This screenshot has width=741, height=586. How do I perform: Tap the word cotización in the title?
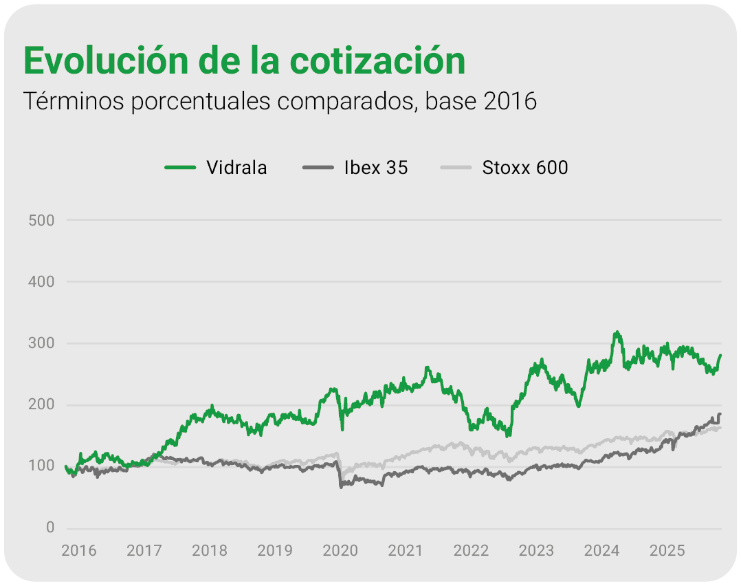point(377,61)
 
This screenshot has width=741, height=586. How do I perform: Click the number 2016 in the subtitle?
point(509,101)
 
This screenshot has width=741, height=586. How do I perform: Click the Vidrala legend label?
point(236,167)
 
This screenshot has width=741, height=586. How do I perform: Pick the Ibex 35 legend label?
point(376,167)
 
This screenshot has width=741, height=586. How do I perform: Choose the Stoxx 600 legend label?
point(525,167)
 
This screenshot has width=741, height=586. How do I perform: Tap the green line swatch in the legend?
point(181,167)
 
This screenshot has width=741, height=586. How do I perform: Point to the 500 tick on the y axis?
point(41,220)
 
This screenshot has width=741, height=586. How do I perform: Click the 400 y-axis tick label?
point(41,282)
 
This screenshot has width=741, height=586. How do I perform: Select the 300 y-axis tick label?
point(41,343)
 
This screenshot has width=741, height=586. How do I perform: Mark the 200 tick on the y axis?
point(41,405)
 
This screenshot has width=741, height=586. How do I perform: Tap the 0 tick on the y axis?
point(50,528)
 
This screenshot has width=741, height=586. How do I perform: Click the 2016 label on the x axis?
point(78,551)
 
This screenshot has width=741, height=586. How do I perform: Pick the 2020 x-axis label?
point(340,551)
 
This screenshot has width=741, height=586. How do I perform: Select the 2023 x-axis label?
point(536,551)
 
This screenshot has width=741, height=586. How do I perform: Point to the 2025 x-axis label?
point(667,551)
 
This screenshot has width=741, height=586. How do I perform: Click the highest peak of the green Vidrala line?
point(617,332)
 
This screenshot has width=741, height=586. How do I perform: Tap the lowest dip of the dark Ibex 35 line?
point(341,487)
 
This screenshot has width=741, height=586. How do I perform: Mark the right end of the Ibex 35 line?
point(720,413)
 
